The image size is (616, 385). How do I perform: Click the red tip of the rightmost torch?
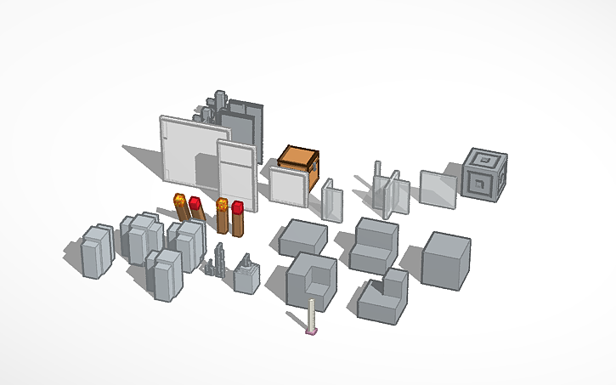tap(238, 207)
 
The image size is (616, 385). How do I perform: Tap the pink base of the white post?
tap(312, 332)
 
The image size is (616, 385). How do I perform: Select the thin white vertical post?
tap(312, 314)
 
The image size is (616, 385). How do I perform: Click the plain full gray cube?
tap(446, 258)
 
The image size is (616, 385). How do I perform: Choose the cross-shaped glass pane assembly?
tap(387, 191)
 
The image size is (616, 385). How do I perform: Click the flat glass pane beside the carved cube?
tap(437, 189)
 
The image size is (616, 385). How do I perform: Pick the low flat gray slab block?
tap(302, 237)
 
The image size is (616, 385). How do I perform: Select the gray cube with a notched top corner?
tap(309, 280)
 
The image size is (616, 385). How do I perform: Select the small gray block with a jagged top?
tap(246, 276)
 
